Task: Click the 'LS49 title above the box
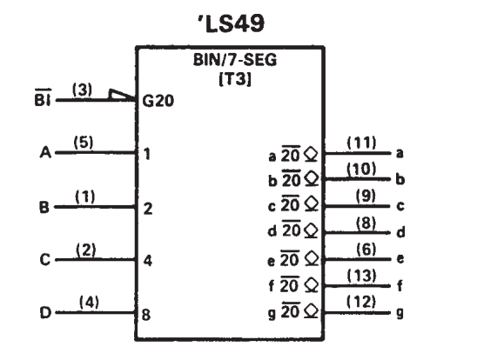point(232,23)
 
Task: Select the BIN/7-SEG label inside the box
point(235,60)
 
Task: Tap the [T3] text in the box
point(235,79)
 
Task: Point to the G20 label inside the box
point(158,101)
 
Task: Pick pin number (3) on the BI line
point(82,90)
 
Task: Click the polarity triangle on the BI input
point(121,95)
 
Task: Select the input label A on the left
point(45,152)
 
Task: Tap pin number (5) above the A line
point(84,143)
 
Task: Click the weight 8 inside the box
point(146,315)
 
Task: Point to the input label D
point(45,312)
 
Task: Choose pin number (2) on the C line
point(86,250)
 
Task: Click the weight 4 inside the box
point(148,261)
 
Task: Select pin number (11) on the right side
point(361,143)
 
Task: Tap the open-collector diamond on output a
point(311,154)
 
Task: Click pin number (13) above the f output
point(361,276)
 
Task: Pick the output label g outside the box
point(400,313)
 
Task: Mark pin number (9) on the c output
point(366,196)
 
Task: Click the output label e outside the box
point(400,259)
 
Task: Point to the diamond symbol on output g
point(312,311)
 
